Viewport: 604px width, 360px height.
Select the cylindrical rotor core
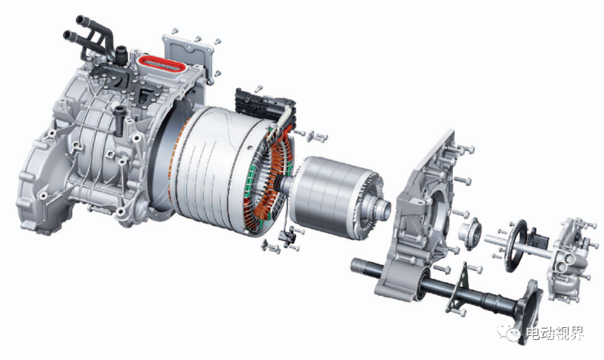(332, 197)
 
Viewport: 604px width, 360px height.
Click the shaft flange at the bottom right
(528, 309)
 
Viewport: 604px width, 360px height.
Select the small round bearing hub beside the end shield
(470, 232)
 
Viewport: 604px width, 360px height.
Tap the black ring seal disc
(516, 246)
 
